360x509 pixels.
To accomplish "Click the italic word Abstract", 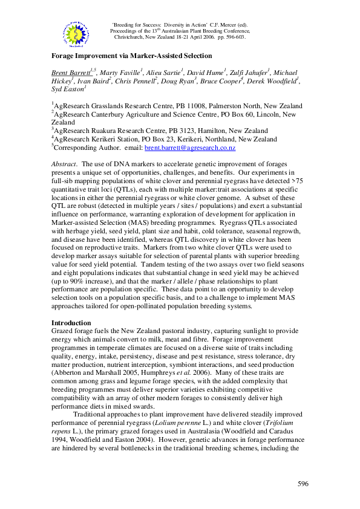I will coord(64,164).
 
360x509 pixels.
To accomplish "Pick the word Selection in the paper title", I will coord(195,55).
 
